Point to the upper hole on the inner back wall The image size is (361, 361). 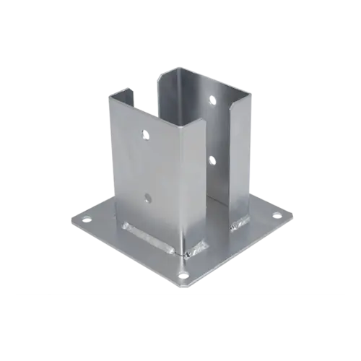[x=212, y=100]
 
